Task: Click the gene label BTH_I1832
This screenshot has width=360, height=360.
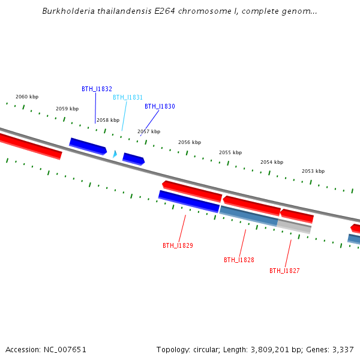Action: [97, 89]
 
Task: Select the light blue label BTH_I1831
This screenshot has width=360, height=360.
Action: [128, 97]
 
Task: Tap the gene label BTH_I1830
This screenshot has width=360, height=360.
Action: [160, 106]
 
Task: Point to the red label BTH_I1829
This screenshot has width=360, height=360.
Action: [178, 245]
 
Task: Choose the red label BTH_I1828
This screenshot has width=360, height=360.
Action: [239, 260]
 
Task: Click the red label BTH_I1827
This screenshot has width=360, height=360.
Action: [284, 271]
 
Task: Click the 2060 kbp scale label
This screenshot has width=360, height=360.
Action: [27, 97]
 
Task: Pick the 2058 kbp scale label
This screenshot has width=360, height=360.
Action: [108, 120]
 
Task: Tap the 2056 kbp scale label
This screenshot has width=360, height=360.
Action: [190, 142]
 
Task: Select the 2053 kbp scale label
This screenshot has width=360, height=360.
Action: [313, 171]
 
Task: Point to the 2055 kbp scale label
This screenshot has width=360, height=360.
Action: [230, 152]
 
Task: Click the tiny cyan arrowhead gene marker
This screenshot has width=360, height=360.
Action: [115, 154]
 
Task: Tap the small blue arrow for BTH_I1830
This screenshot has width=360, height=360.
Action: [133, 159]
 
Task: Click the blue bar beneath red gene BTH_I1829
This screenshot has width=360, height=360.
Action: [188, 202]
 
